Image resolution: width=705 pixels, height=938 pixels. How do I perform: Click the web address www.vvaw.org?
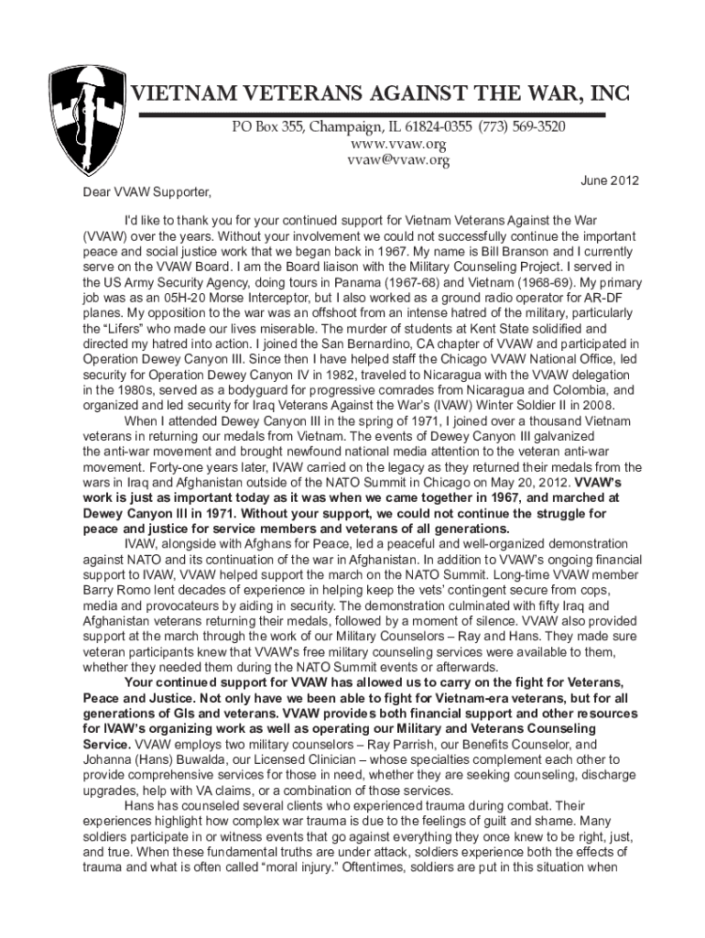click(x=396, y=144)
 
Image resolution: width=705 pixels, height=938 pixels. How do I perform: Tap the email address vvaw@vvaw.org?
click(x=396, y=161)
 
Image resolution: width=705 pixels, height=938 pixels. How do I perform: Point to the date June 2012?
click(x=610, y=181)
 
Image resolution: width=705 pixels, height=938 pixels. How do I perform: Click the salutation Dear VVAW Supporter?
click(x=143, y=193)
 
